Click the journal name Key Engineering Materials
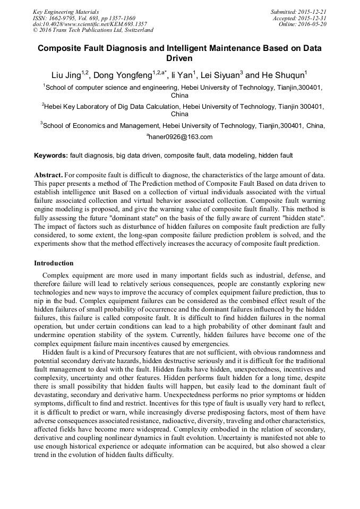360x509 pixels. (x=65, y=12)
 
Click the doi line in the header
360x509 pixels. (x=90, y=24)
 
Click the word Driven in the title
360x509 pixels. (x=179, y=58)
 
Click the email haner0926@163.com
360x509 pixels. (x=181, y=137)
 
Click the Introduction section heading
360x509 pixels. (x=54, y=263)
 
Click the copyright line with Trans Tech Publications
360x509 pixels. (x=93, y=30)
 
